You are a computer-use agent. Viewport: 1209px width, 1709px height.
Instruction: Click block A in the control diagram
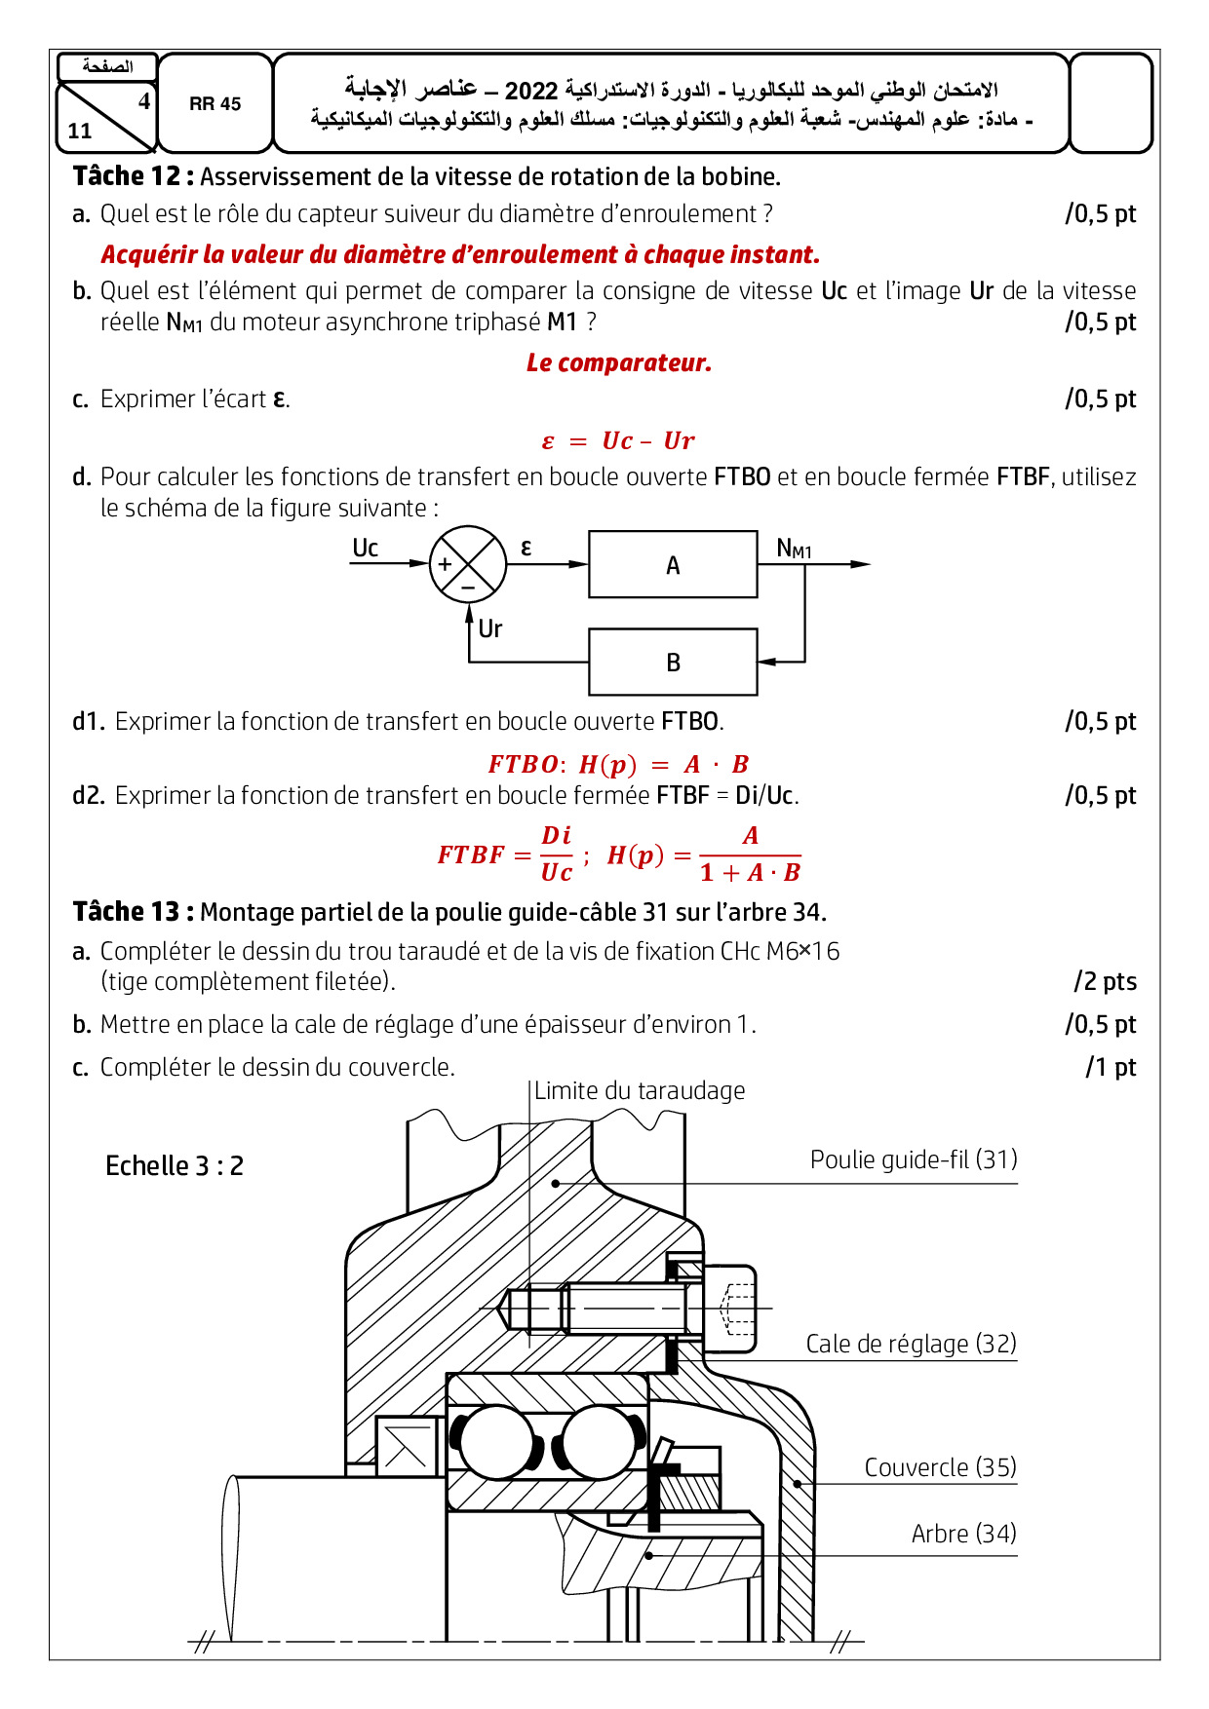tap(673, 564)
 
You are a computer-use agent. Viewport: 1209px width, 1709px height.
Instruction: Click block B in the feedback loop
tap(673, 662)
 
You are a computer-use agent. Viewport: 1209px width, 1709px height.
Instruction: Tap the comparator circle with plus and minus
tap(468, 564)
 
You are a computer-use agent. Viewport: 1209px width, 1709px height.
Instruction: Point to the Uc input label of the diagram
tap(365, 548)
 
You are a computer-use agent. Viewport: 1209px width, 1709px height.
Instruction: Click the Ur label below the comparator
tap(489, 628)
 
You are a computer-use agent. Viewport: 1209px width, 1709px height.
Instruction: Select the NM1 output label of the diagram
tap(794, 549)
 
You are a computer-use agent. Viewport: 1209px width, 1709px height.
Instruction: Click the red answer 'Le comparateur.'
tap(619, 362)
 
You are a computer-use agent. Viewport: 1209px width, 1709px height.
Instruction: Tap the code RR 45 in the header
tap(214, 103)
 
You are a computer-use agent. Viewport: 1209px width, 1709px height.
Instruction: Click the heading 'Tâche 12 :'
tap(133, 176)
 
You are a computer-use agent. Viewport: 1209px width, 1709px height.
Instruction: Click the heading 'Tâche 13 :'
tap(133, 912)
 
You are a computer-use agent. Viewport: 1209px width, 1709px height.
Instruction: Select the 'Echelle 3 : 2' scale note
tap(175, 1165)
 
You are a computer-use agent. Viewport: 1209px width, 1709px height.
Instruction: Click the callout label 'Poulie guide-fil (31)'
tap(914, 1159)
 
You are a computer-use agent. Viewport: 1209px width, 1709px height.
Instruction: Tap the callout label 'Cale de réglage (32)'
tap(911, 1344)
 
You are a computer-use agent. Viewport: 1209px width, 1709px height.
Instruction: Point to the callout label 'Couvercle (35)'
tap(940, 1467)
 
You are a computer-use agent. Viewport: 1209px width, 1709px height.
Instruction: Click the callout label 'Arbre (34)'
tap(963, 1534)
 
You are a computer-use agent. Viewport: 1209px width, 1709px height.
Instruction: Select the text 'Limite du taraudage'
tap(640, 1090)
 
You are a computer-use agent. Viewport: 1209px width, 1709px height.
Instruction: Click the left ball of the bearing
tap(496, 1442)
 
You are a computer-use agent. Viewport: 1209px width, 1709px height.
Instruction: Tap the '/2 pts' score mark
tap(1105, 981)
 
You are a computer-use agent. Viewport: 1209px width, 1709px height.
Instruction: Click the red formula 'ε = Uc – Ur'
tap(618, 440)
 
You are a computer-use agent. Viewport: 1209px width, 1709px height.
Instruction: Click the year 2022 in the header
tap(531, 91)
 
